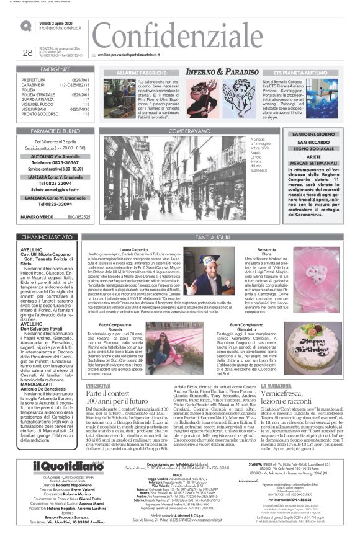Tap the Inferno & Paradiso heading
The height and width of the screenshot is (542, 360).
[222, 73]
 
